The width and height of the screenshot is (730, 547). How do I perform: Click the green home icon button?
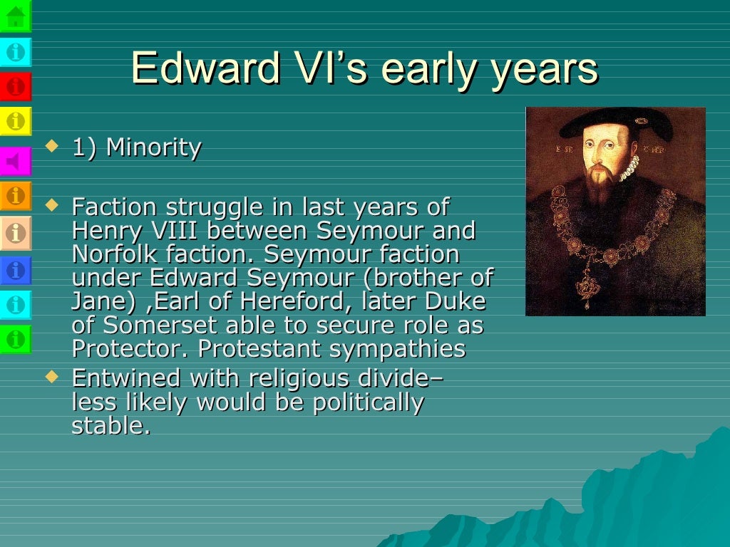click(16, 16)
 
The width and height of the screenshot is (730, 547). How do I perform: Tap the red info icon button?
click(16, 87)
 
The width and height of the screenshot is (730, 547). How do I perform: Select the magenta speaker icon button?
click(16, 161)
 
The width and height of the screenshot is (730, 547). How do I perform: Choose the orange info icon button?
click(16, 195)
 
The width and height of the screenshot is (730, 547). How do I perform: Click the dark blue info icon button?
click(16, 269)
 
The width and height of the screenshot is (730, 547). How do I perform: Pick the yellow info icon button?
click(16, 121)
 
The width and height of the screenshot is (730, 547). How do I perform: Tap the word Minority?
click(153, 148)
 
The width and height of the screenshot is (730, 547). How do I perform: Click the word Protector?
click(131, 350)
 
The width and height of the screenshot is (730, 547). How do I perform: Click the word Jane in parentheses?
click(98, 301)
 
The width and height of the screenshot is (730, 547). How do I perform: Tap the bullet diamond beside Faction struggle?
click(51, 206)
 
